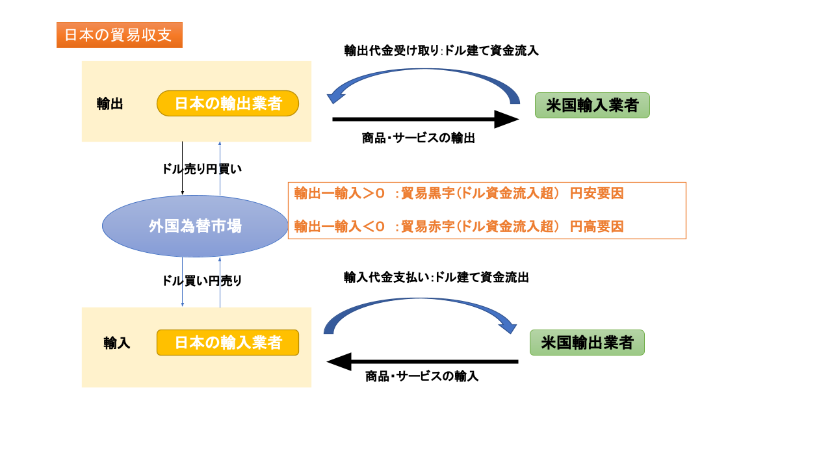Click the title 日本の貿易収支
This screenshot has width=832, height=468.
coord(119,35)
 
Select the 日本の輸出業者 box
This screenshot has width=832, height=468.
coord(227,103)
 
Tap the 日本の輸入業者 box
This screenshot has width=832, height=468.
coord(227,343)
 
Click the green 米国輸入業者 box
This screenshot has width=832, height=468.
coord(592,105)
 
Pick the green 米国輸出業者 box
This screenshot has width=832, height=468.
coord(587,343)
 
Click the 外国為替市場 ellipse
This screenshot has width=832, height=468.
coord(195,226)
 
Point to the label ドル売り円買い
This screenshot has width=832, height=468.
coord(201,169)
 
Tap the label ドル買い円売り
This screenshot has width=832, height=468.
coord(201,281)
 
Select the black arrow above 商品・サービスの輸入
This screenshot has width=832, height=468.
coord(422,361)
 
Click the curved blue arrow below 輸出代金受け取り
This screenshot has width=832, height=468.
coord(422,75)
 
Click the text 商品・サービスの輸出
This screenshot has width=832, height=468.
coord(419,138)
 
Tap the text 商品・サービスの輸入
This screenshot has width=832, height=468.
coord(422,376)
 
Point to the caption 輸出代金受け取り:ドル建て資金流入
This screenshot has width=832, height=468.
coord(441,51)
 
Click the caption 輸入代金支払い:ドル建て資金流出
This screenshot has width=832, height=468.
coord(436,278)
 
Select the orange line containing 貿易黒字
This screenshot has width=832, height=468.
coord(459,193)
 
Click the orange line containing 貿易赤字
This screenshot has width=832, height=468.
coord(459,226)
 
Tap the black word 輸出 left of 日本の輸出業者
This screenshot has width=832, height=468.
coord(110,104)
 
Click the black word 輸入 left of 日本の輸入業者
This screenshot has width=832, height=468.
coord(117,343)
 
